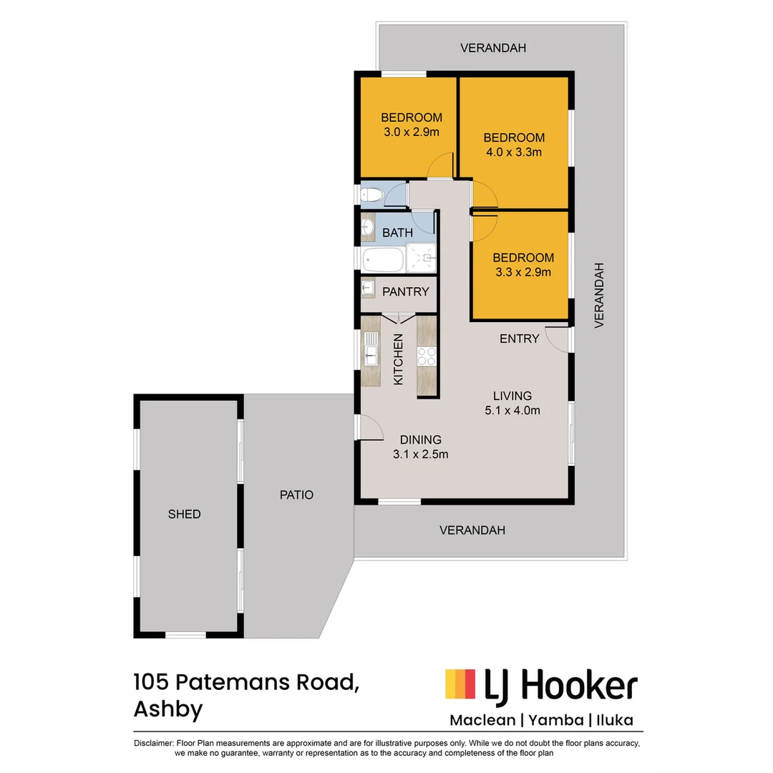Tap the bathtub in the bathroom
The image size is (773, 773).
point(384,259)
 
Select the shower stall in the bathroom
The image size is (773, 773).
point(421,258)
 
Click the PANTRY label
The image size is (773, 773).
point(406,291)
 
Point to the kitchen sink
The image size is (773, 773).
point(371,352)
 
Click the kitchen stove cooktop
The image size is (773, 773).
point(427,356)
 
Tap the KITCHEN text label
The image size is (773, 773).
point(399,359)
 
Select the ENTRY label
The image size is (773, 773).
point(519,339)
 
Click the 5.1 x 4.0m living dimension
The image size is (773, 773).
point(512,410)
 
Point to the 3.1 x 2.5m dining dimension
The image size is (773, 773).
point(420,454)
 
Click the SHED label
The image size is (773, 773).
point(184,514)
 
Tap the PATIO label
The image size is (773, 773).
point(296,495)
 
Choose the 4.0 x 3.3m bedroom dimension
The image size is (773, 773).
point(513,152)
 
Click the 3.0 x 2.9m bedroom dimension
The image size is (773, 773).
point(411,132)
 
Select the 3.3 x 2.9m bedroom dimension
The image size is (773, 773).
point(523,272)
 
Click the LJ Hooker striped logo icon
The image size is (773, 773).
point(460,684)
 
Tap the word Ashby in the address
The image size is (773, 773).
point(168,709)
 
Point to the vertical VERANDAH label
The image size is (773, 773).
point(600,295)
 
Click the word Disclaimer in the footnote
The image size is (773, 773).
point(152,743)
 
